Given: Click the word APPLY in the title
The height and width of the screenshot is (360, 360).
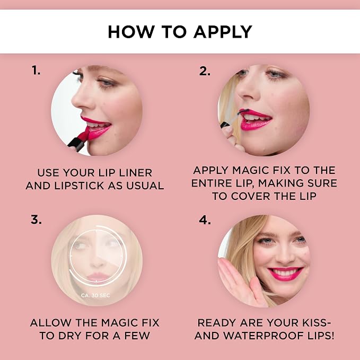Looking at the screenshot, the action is [x=223, y=32].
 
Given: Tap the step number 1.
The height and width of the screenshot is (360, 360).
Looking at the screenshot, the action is [x=36, y=70].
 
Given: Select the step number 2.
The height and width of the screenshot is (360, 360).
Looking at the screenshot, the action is [x=205, y=71].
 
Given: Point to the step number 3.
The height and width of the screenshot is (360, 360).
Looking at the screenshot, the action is [x=36, y=219].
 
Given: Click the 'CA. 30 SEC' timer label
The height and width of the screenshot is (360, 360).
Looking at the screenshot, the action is [x=95, y=295].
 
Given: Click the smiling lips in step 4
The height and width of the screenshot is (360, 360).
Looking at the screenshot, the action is [x=285, y=273].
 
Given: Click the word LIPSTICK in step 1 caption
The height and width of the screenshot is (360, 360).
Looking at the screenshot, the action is [x=79, y=186].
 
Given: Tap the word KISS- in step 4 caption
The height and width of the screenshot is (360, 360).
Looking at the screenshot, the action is [x=317, y=322].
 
